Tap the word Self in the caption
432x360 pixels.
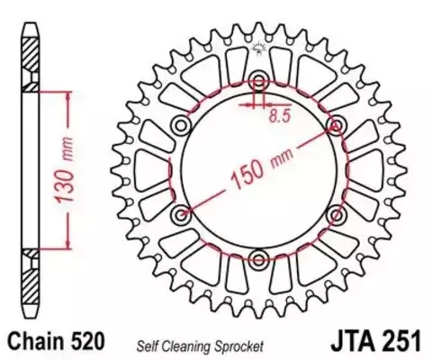tap(149, 344)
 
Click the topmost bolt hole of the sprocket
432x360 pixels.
tap(259, 79)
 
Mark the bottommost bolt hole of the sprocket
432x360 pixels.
tap(259, 259)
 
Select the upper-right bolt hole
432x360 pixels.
tap(337, 124)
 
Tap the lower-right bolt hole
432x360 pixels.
tap(337, 214)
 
